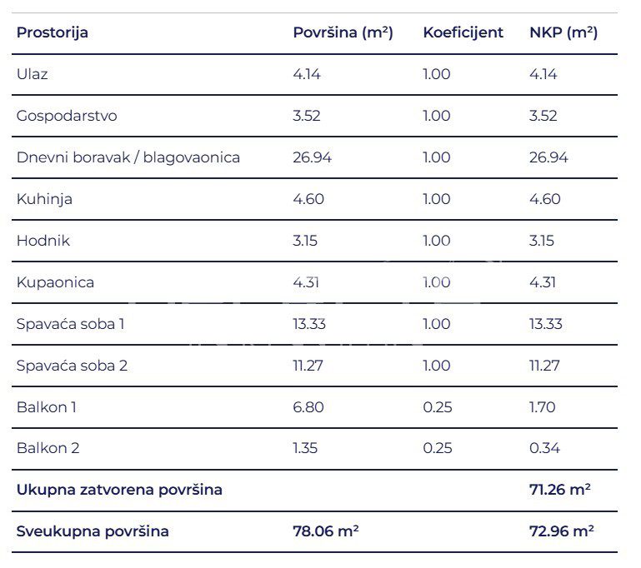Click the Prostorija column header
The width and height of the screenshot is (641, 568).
coord(53,33)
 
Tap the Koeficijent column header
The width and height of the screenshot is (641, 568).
coord(463,33)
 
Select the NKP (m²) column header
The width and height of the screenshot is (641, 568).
coord(563,33)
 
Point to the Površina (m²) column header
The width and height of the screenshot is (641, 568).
coord(343,33)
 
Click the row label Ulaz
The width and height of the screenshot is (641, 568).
coord(33,74)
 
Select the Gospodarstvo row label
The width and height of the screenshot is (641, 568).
coord(67,116)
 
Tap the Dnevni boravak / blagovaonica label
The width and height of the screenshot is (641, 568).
coord(128,157)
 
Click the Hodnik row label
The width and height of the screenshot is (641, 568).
coord(43,241)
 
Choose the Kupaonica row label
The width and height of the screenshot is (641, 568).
coord(55,282)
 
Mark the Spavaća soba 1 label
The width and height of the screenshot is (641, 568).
coord(71,324)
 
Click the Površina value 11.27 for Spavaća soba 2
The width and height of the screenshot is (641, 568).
coord(308,366)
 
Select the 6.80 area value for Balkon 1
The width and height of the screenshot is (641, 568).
coord(308,407)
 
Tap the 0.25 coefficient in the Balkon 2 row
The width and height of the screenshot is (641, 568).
coord(438,448)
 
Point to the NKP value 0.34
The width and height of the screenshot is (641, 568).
coord(544,448)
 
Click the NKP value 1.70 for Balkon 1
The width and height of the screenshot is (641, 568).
coord(543,407)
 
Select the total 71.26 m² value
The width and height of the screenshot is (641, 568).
coord(560,490)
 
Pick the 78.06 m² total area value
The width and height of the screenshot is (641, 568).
coord(326,531)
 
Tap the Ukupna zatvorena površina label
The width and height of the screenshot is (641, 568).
coord(119,490)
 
